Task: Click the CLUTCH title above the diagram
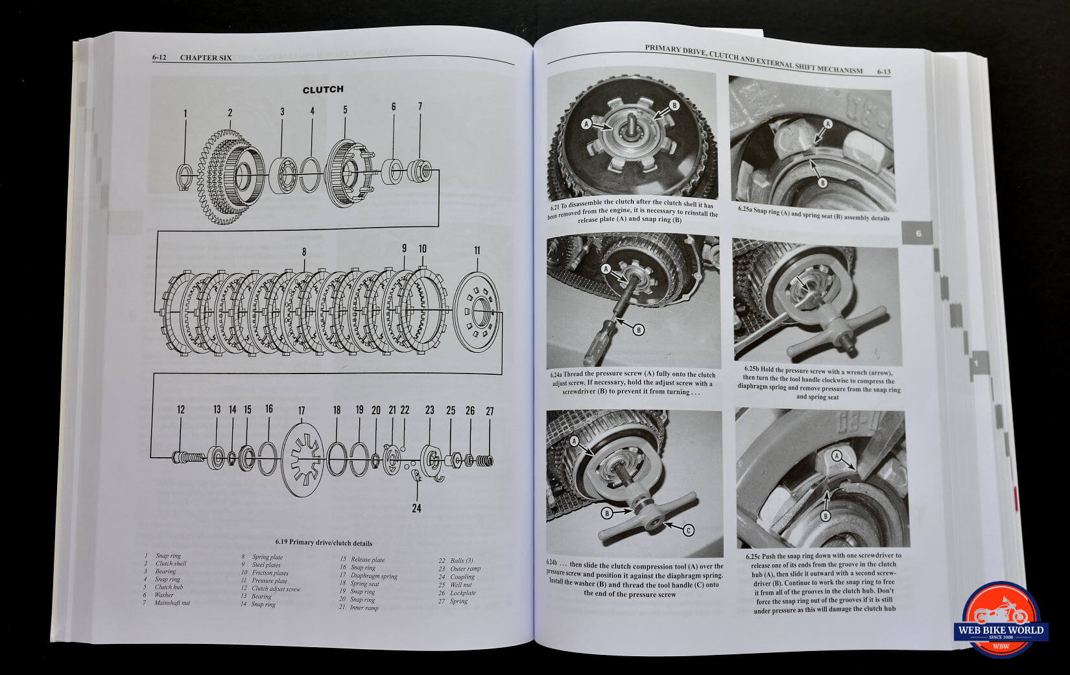click(x=323, y=89)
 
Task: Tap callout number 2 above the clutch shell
click(x=230, y=113)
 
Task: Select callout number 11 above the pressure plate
click(x=477, y=250)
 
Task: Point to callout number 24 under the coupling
click(x=416, y=508)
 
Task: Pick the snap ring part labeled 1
click(x=184, y=177)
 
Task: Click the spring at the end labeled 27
click(x=484, y=461)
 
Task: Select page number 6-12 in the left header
click(x=160, y=58)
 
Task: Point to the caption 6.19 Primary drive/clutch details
click(x=323, y=543)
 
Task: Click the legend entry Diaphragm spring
click(x=374, y=576)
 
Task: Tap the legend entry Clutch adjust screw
click(x=276, y=589)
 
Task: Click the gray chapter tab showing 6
click(x=918, y=233)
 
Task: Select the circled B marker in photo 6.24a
click(x=638, y=330)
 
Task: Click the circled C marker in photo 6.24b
click(x=689, y=530)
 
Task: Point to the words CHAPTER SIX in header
click(x=206, y=58)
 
